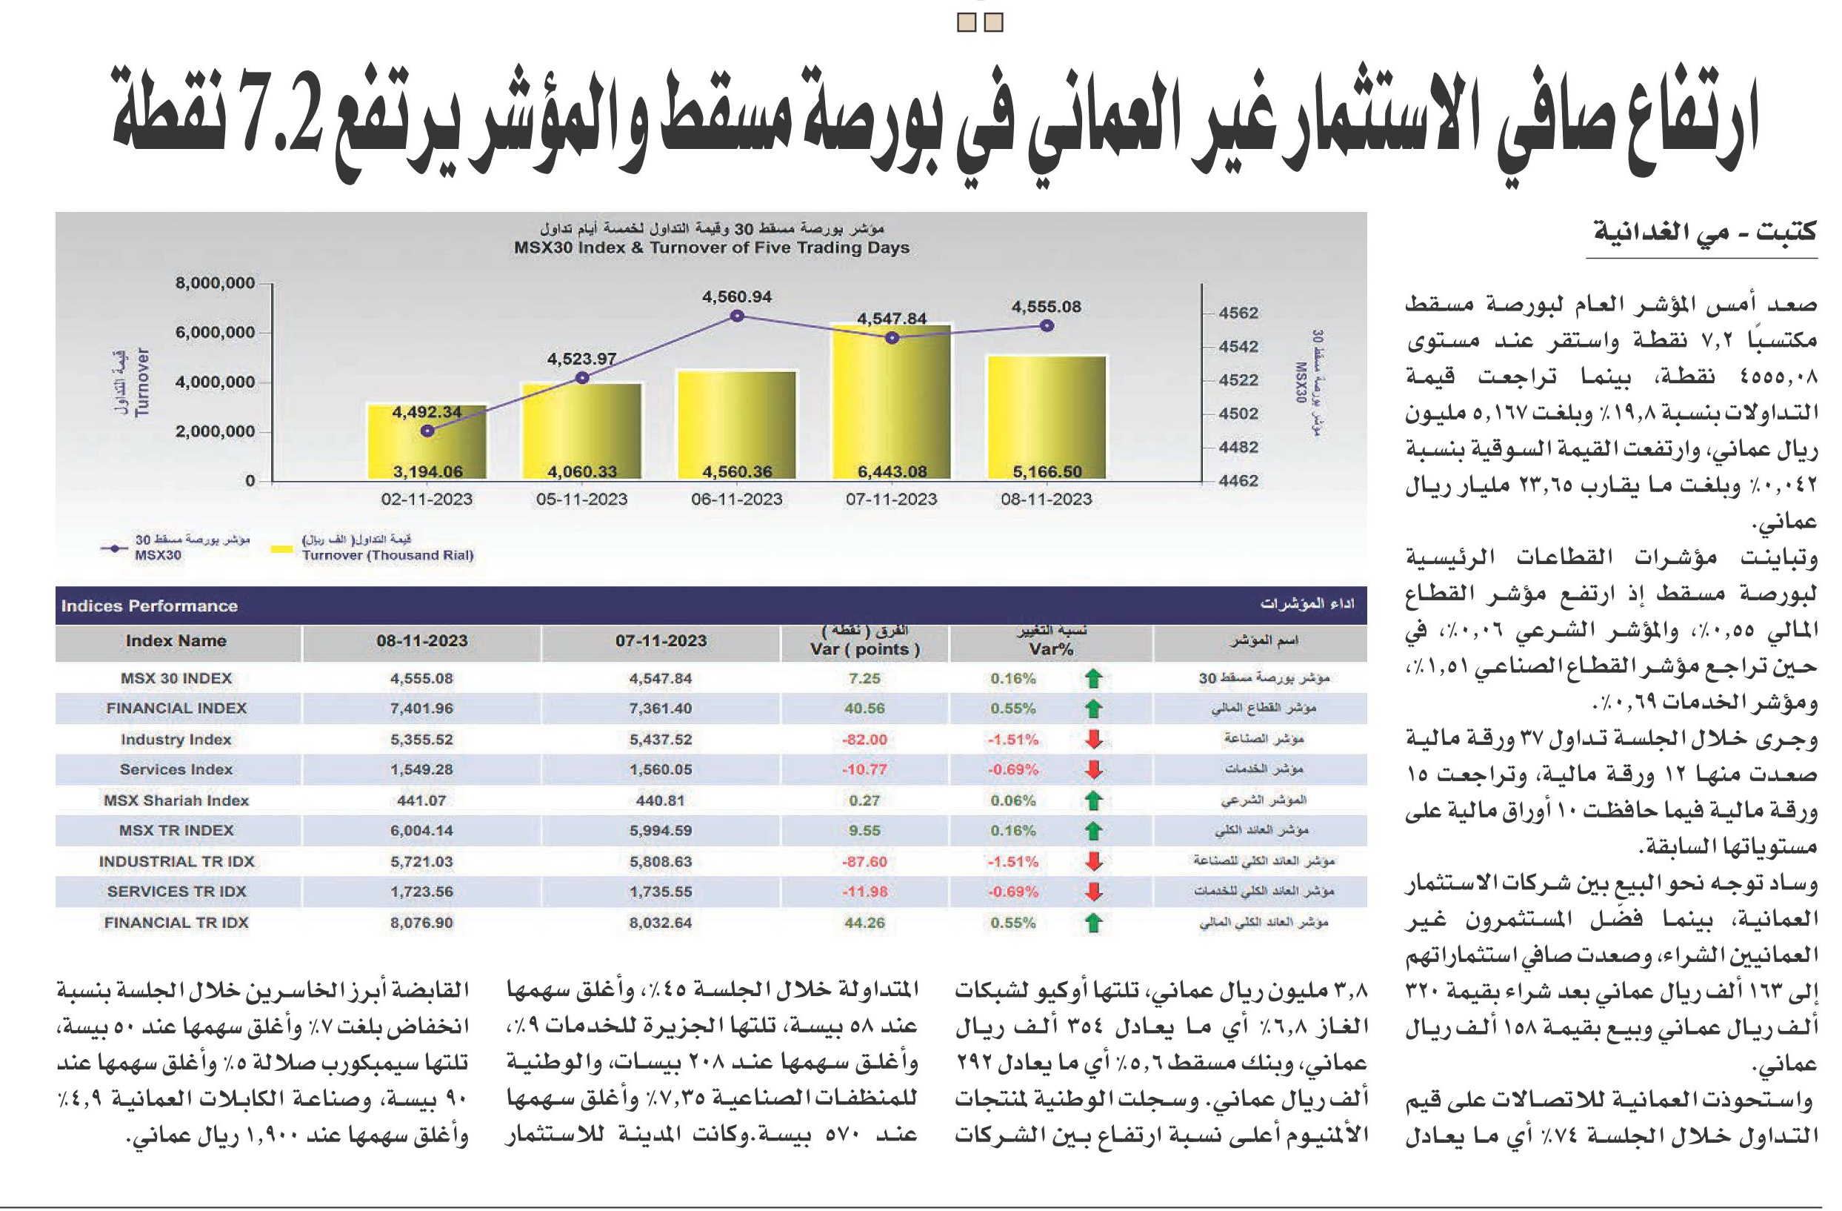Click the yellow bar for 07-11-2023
(x=892, y=401)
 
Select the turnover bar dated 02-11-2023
(x=427, y=442)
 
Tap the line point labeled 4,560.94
(x=737, y=316)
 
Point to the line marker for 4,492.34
(x=427, y=431)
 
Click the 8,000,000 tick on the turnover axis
(x=215, y=283)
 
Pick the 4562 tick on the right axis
(x=1238, y=313)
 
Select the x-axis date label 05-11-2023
(x=582, y=500)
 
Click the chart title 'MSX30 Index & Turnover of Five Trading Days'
(x=711, y=248)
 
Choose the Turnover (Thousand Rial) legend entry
(x=373, y=548)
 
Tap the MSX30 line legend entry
(x=175, y=548)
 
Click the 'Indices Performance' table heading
(x=150, y=605)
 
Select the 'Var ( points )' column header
(x=865, y=649)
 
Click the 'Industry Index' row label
(x=176, y=740)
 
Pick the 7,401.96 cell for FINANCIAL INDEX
(x=422, y=709)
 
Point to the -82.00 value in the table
(x=864, y=740)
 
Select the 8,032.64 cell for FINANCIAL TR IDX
(x=661, y=923)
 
